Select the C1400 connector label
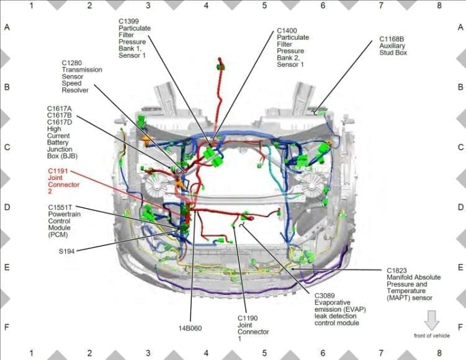[x=287, y=30]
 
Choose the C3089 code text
[x=325, y=295]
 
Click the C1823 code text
[x=397, y=271]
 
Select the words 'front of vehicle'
[x=432, y=336]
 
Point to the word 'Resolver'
[x=75, y=91]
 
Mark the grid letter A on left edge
[x=7, y=28]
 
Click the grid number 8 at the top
[x=440, y=6]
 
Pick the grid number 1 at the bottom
[x=31, y=353]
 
